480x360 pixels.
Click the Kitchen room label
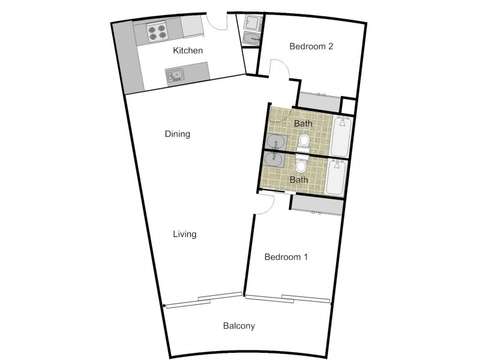coord(188,51)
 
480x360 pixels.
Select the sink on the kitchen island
coord(175,75)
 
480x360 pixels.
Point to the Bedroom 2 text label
coord(311,46)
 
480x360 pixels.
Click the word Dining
coord(178,134)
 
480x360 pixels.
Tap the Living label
coord(185,235)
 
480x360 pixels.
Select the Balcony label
coord(239,327)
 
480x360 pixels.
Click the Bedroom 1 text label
coord(286,257)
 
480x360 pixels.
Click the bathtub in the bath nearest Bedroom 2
coord(341,136)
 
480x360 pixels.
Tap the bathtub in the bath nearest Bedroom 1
coord(336,178)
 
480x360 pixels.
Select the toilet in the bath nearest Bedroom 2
coord(304,142)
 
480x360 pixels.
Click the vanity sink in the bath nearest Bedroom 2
coord(277,142)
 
